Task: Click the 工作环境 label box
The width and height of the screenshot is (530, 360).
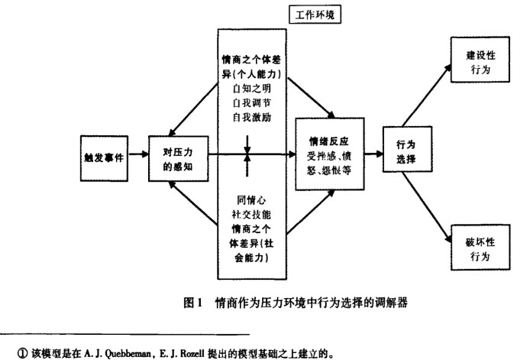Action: (x=315, y=15)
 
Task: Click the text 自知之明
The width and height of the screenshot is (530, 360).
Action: (x=251, y=89)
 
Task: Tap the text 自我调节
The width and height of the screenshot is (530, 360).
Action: (x=251, y=104)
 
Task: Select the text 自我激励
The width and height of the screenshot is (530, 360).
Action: (x=251, y=118)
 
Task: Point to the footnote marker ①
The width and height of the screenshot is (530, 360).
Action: (x=10, y=354)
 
